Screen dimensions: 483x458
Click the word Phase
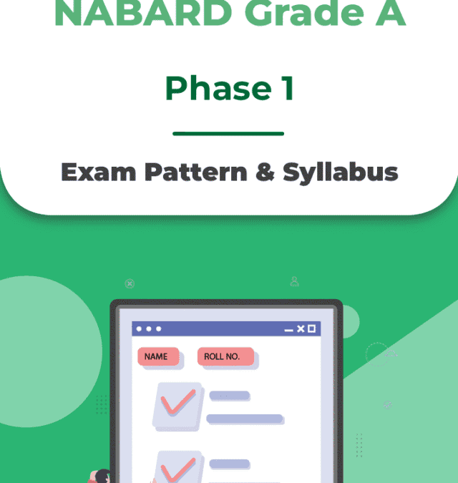click(x=207, y=88)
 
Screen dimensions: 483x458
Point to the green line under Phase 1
click(x=228, y=133)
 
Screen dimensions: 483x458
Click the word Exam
click(x=98, y=172)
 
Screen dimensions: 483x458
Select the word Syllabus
click(x=340, y=172)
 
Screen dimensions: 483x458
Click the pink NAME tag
click(x=157, y=356)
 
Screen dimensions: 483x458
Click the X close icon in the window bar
click(x=301, y=328)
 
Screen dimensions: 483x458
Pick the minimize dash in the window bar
click(x=288, y=329)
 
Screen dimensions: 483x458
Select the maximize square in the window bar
click(x=311, y=328)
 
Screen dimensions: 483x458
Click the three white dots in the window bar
click(x=148, y=328)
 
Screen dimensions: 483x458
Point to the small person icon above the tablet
click(x=294, y=281)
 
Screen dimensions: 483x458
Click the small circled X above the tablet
click(x=130, y=283)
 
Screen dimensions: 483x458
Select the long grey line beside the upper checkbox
click(x=245, y=419)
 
